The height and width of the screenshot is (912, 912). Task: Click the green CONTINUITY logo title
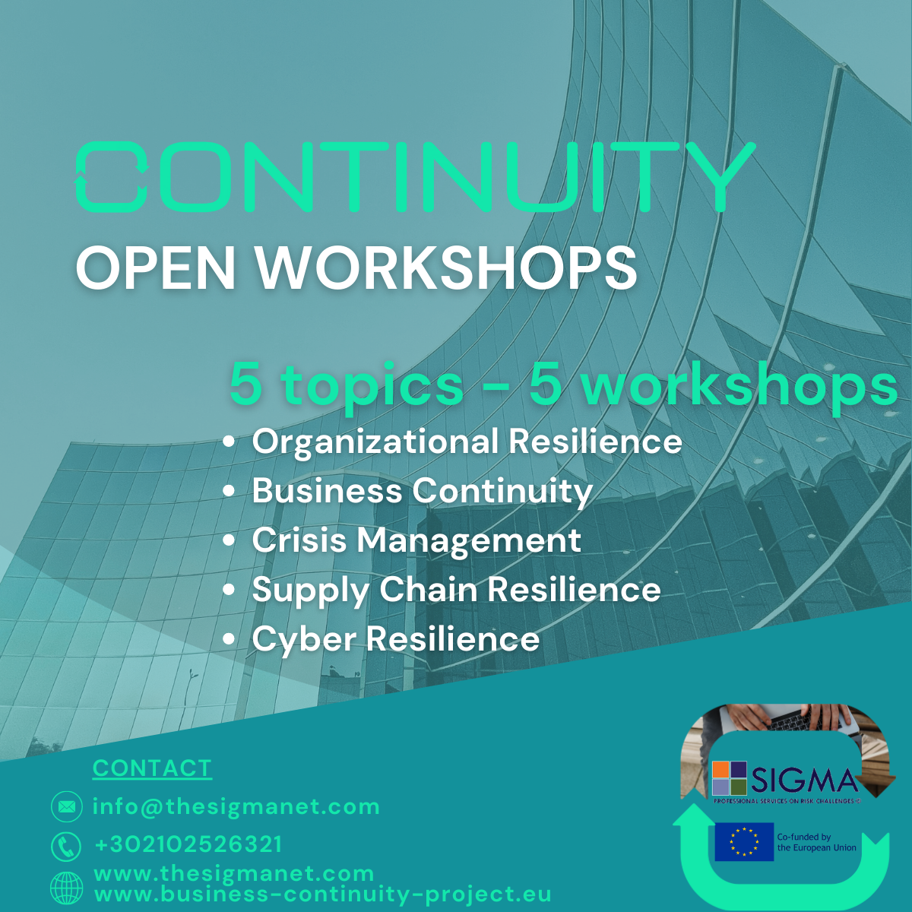tap(415, 176)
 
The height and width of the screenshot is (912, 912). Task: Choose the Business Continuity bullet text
tap(422, 491)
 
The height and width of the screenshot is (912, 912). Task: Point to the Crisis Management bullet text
tap(416, 540)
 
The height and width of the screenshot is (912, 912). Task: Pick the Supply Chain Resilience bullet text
tap(456, 591)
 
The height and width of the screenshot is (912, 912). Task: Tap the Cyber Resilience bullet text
tap(396, 639)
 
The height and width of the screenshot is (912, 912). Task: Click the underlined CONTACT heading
tap(152, 768)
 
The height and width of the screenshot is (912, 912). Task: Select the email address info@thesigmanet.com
tap(236, 806)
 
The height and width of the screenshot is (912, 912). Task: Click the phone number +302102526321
tap(188, 844)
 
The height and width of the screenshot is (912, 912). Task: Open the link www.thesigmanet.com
tap(234, 874)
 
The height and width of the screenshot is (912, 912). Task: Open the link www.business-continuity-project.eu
tap(323, 894)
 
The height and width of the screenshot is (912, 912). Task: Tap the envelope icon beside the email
tap(67, 806)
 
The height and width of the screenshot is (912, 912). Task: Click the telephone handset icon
tap(66, 846)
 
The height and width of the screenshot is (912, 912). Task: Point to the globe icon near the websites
tap(67, 888)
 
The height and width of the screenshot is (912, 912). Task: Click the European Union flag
tap(744, 842)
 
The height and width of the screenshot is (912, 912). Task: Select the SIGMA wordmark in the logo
tap(804, 781)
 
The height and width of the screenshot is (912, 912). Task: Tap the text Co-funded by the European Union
tap(816, 842)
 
